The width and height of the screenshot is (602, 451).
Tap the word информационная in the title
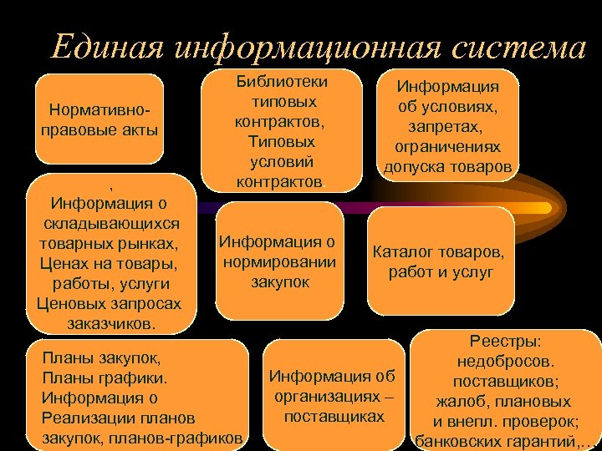click(x=313, y=48)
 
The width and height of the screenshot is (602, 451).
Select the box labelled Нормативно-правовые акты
click(x=99, y=119)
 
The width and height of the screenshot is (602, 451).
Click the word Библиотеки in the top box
click(x=282, y=82)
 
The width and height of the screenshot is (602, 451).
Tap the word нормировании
click(x=280, y=262)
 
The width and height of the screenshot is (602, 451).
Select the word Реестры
click(x=506, y=342)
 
